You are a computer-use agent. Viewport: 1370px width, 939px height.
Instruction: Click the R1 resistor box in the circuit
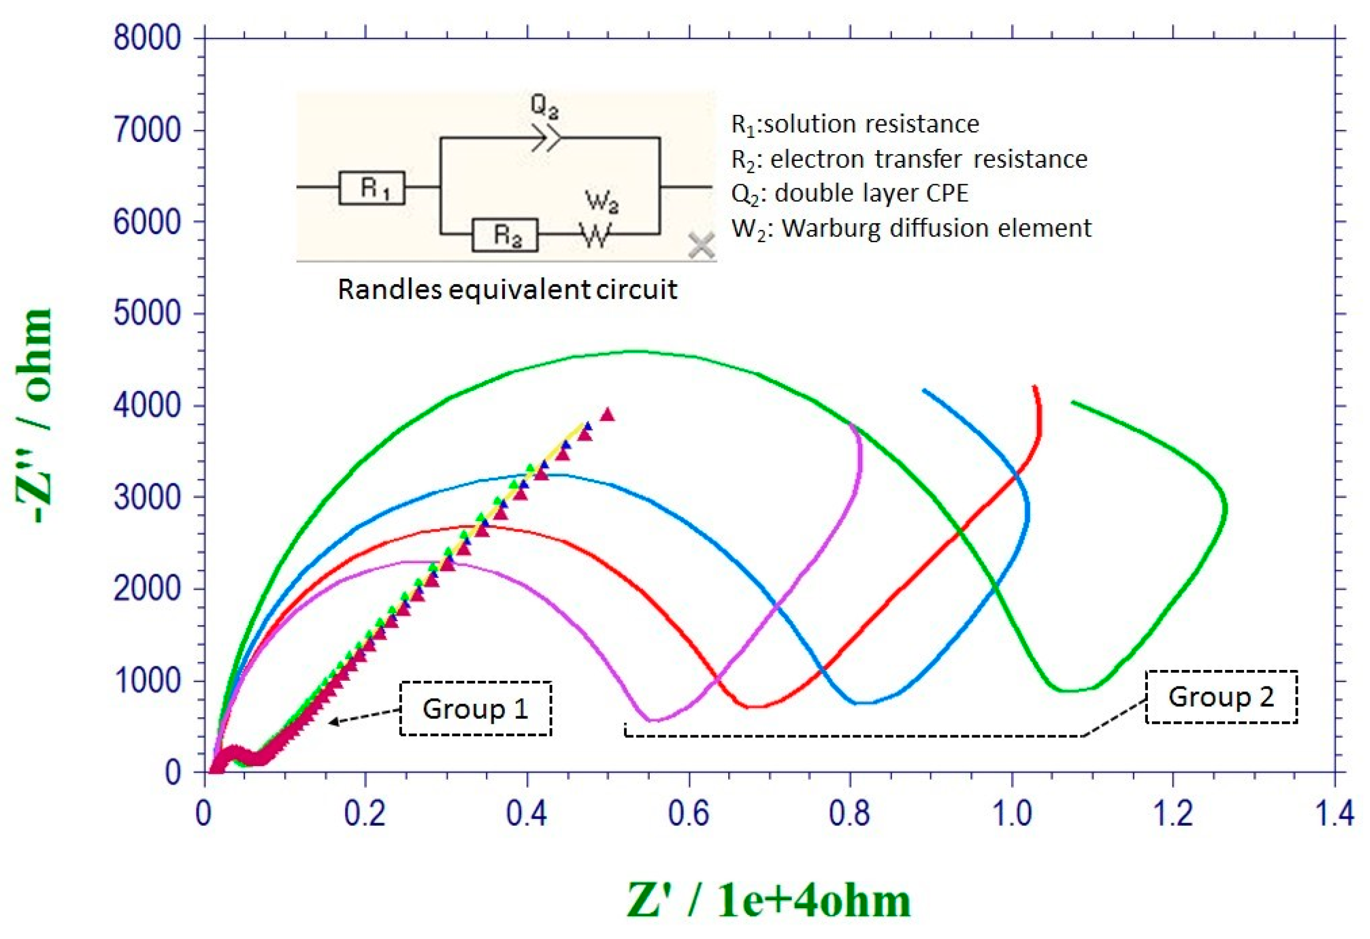tap(372, 188)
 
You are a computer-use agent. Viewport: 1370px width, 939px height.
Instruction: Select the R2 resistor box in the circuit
tap(505, 235)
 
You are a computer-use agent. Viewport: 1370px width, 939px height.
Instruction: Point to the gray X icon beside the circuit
tap(701, 245)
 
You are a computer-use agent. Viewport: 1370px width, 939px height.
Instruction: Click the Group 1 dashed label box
tap(476, 708)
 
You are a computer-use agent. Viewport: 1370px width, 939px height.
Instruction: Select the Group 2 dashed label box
tap(1222, 697)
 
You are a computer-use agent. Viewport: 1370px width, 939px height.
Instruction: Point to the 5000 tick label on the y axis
tap(147, 313)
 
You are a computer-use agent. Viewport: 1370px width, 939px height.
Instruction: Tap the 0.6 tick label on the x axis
tap(689, 814)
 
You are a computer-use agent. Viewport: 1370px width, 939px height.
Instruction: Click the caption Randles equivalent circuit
tap(507, 289)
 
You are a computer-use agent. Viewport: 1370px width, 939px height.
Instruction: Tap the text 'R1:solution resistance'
tap(855, 124)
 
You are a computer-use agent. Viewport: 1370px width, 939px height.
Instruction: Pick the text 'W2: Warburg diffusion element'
tap(911, 228)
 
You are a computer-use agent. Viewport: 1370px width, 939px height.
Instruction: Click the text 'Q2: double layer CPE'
tap(850, 194)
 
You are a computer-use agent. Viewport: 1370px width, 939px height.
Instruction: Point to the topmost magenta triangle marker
tap(607, 415)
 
